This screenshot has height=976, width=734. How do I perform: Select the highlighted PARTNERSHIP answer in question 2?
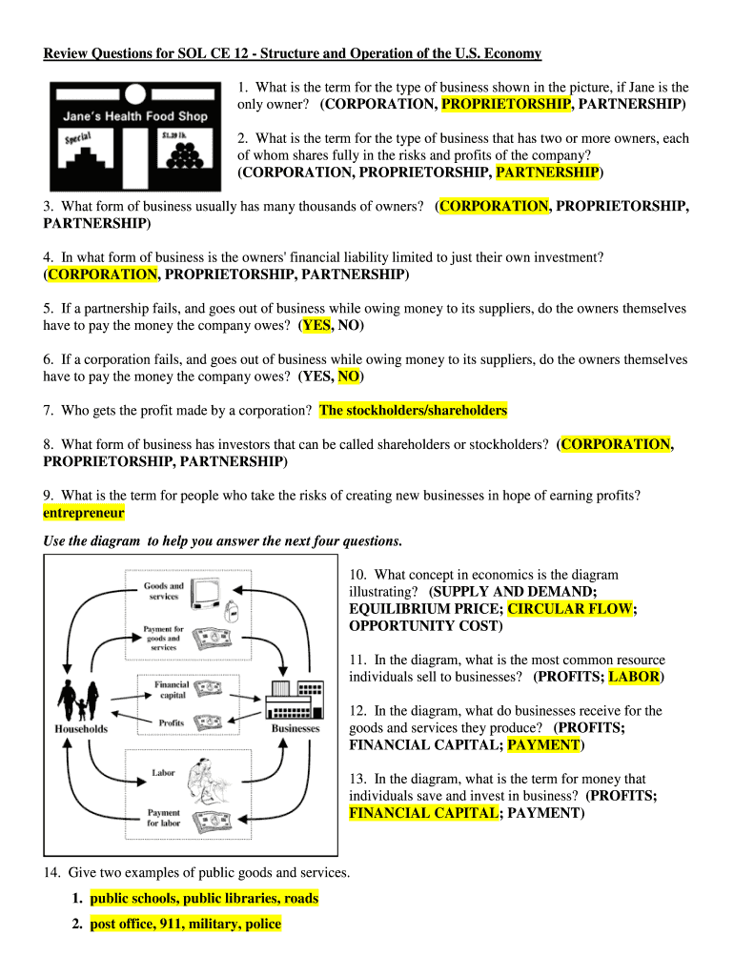point(547,173)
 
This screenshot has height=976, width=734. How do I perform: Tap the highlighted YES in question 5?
point(316,325)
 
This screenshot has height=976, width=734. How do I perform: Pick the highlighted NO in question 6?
point(349,376)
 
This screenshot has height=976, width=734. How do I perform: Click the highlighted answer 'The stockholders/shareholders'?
point(414,411)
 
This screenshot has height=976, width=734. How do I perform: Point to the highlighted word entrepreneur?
point(84,513)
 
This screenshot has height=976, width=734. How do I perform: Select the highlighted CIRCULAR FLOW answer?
point(570,609)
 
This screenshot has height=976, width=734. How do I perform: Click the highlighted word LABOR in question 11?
point(634,677)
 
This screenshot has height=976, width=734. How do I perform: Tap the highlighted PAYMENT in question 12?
point(543,745)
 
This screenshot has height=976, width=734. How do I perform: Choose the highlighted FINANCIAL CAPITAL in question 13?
point(423,813)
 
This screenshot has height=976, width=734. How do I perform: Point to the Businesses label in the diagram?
point(296,729)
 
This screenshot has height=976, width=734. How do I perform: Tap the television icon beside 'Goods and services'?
point(206,593)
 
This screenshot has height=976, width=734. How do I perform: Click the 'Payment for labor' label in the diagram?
point(163,818)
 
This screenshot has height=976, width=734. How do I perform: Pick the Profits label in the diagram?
point(172,723)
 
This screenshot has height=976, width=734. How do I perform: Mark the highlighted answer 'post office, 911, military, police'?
point(186,925)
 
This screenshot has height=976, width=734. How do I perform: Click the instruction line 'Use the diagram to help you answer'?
point(223,541)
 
